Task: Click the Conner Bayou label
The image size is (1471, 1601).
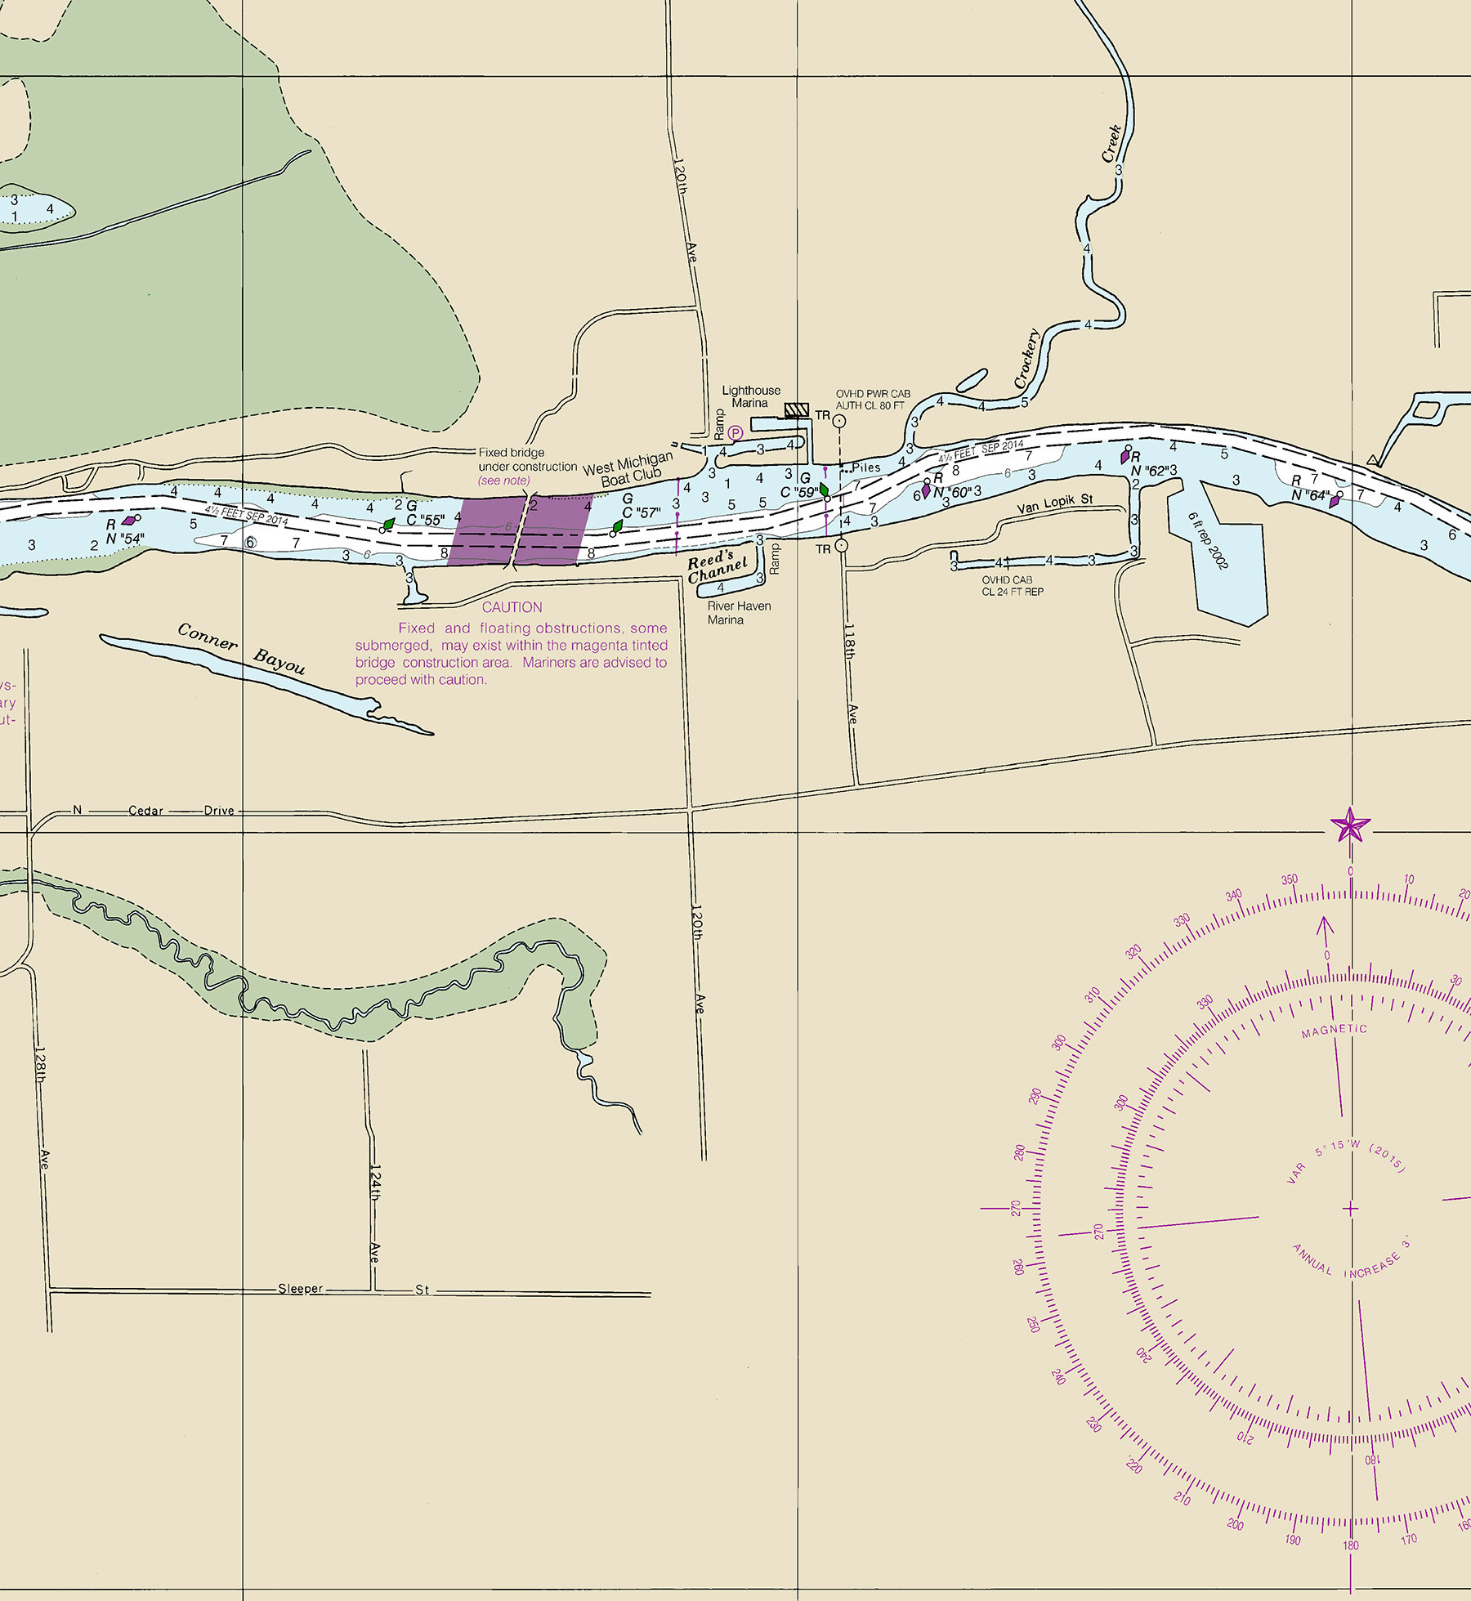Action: click(241, 649)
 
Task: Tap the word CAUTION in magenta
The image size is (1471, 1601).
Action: click(512, 607)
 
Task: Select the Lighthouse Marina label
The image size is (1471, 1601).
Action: click(750, 396)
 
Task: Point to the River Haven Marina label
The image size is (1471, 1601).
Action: click(739, 613)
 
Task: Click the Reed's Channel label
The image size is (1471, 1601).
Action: click(717, 566)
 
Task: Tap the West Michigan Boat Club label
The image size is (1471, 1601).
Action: click(628, 471)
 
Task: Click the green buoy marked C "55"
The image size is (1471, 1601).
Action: click(389, 524)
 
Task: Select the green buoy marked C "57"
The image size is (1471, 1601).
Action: click(618, 526)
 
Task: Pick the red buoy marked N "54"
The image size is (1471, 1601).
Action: click(128, 521)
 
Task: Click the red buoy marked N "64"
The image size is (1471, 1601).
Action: click(1335, 500)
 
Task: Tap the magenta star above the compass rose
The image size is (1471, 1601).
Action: click(1350, 825)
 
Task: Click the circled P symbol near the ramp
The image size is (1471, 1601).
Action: click(735, 433)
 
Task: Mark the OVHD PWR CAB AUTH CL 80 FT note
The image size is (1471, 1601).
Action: click(872, 400)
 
